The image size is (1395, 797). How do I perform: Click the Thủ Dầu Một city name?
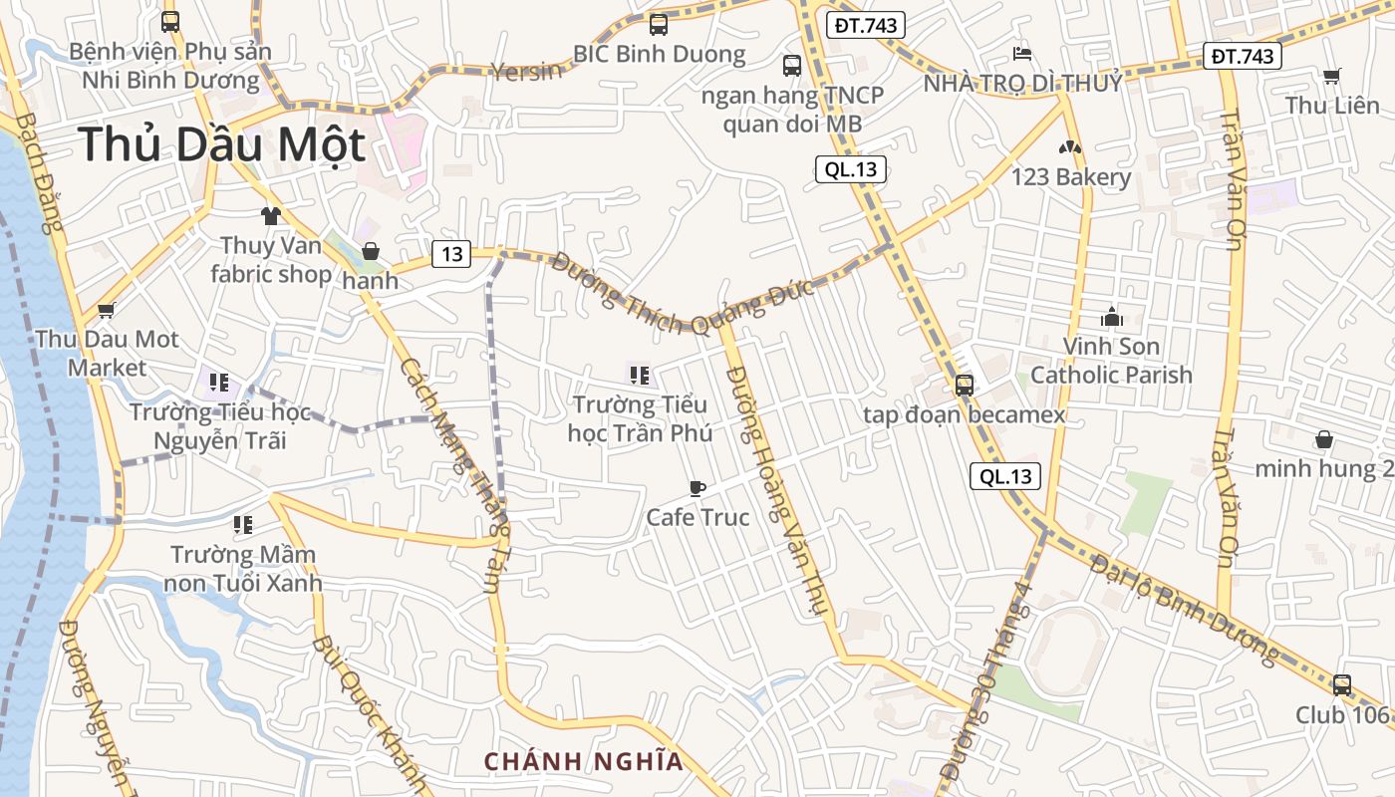tap(222, 144)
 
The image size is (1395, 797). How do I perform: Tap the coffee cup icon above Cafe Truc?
tap(697, 488)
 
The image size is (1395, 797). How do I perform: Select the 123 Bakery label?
tap(1071, 177)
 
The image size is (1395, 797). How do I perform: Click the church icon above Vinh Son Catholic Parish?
tap(1111, 318)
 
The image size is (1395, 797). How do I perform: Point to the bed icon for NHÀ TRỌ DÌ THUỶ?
tap(1022, 53)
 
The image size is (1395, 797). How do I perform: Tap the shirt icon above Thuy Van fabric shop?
tap(270, 215)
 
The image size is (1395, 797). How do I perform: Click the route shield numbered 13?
tap(451, 254)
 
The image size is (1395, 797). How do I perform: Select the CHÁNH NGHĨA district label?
tap(584, 762)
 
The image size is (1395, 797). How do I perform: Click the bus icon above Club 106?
tap(1342, 685)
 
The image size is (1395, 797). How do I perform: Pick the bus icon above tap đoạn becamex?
tap(964, 386)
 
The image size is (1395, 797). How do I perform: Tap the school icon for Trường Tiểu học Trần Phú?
tap(640, 376)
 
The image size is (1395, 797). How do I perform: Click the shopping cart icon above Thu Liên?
tap(1331, 76)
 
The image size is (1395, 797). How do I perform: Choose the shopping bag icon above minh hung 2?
tap(1324, 439)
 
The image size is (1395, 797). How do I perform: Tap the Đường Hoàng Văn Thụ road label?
tap(778, 488)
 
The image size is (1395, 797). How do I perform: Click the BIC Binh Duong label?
tap(659, 54)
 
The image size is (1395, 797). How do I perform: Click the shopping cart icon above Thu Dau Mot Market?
tap(107, 310)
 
